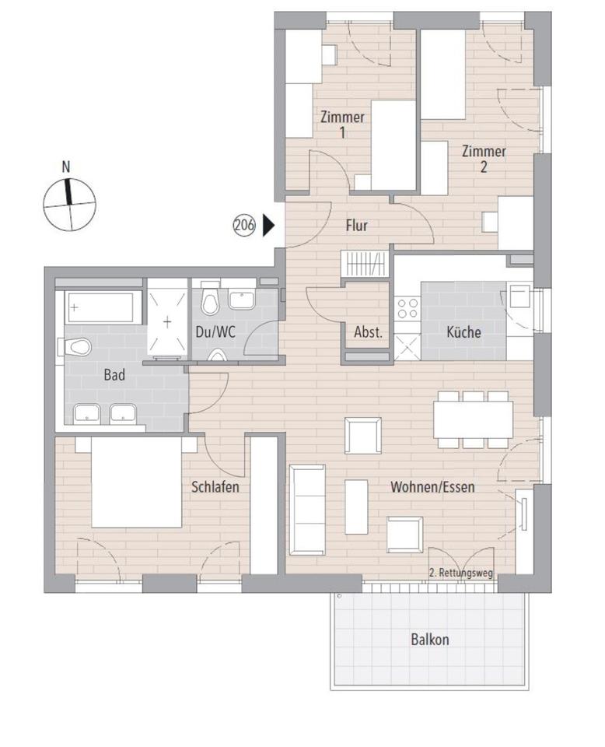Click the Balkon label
(430, 640)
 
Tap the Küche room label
(463, 332)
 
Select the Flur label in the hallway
(356, 226)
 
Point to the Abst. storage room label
(369, 332)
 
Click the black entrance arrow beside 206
(268, 225)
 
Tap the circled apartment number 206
(244, 225)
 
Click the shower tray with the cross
(167, 321)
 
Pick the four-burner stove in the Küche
(407, 308)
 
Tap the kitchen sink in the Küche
(519, 296)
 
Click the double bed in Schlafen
(136, 482)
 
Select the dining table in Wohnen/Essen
(473, 419)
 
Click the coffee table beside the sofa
(356, 507)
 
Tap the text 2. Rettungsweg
(461, 573)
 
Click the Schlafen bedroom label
(215, 487)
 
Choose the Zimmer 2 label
(484, 159)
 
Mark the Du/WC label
(215, 332)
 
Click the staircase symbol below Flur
(365, 264)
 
